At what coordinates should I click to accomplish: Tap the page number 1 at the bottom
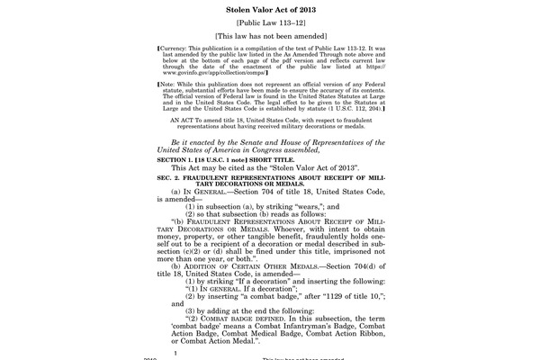pos(175,354)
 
